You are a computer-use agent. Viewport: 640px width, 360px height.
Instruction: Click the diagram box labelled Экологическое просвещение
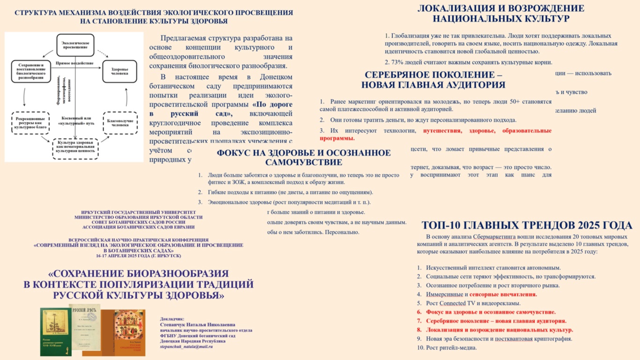[x=75, y=45]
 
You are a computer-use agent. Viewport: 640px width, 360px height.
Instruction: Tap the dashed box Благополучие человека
[x=120, y=123]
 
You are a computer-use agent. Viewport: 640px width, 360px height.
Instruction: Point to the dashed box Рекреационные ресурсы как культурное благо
[x=30, y=123]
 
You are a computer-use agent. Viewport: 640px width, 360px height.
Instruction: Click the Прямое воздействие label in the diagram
[x=74, y=63]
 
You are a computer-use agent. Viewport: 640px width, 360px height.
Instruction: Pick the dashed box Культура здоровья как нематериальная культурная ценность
[x=75, y=148]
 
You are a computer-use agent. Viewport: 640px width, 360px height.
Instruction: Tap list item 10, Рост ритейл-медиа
[x=447, y=348]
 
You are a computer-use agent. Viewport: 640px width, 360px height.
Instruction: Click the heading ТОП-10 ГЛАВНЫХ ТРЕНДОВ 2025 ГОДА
[x=527, y=226]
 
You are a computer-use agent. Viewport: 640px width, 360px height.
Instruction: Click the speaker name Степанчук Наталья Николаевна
[x=197, y=324]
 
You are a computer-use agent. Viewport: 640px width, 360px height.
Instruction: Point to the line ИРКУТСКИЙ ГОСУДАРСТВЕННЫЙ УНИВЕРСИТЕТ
[x=139, y=212]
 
